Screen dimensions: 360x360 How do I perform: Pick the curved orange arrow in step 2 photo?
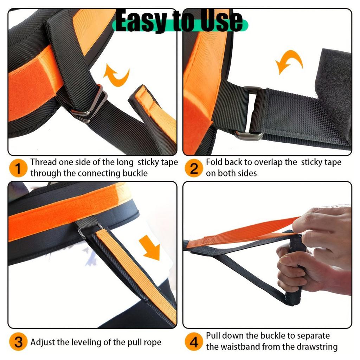[289, 62]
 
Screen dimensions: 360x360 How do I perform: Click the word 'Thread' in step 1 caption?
[42, 162]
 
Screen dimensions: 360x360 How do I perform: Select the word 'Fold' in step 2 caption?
[214, 162]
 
